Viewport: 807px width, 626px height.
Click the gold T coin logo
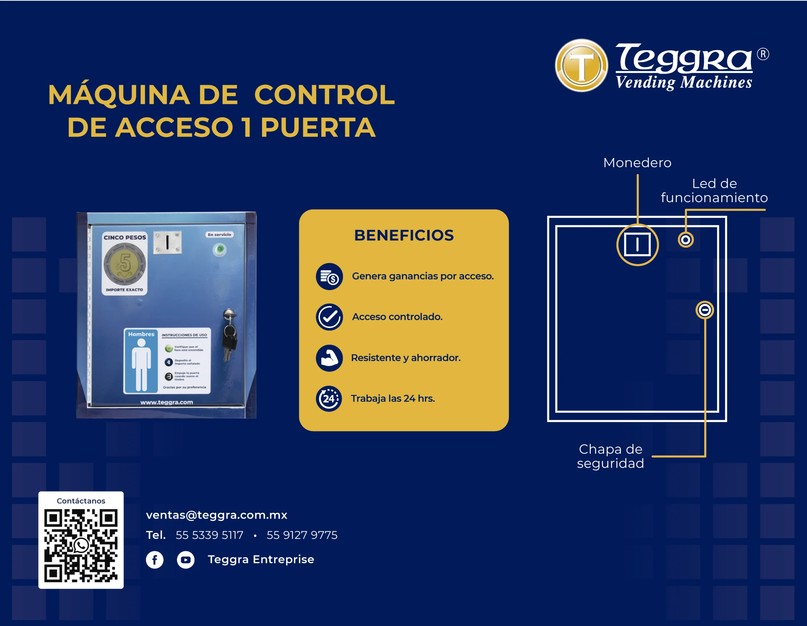581,66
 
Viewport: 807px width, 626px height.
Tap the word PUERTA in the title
318,127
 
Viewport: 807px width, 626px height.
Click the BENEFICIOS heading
404,235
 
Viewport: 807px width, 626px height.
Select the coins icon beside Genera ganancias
329,276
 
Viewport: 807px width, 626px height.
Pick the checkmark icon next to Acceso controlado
329,317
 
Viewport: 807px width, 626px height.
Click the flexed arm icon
329,358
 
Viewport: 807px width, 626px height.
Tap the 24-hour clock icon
328,398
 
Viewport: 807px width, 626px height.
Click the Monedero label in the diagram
637,163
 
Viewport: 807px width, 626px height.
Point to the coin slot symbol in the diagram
637,245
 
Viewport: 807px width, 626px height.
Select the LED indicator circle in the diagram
685,240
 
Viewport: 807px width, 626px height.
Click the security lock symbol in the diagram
705,310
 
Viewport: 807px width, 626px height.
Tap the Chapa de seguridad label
610,456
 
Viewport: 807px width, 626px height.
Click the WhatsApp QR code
81,545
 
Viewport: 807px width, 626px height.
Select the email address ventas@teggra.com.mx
217,515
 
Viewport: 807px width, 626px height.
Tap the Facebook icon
154,560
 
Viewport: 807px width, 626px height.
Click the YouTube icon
185,560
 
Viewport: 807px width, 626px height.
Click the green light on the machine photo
220,249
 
